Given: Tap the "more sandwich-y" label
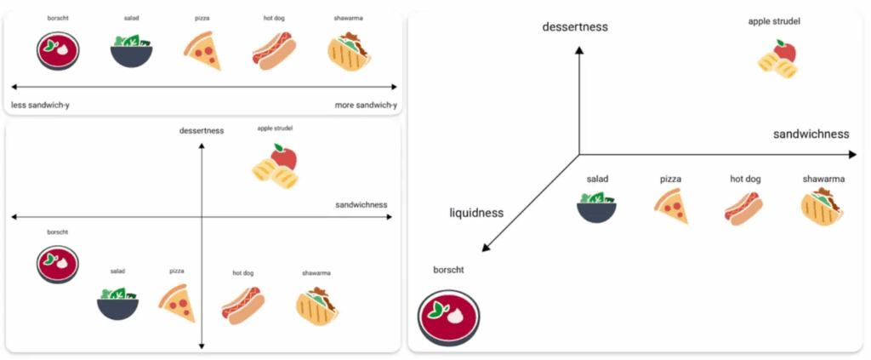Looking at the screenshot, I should [366, 105].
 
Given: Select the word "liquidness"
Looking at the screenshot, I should [476, 213].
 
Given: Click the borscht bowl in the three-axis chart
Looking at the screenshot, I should [448, 317].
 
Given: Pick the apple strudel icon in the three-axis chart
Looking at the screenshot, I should [778, 59].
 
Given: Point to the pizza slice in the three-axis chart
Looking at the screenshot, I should [671, 206].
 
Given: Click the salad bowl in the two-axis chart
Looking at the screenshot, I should [117, 301].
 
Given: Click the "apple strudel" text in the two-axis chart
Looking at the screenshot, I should [275, 129].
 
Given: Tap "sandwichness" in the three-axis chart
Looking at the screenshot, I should [811, 134].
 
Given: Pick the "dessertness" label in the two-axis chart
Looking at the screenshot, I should [202, 130].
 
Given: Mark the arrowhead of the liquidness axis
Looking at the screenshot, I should [485, 249].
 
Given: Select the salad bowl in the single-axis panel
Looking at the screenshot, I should [132, 50].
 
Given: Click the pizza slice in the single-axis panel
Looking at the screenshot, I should [202, 51].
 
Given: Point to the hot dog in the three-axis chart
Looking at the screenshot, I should [743, 207].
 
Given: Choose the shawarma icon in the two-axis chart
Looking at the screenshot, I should [316, 306].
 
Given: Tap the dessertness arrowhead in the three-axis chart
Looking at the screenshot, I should [579, 50].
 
